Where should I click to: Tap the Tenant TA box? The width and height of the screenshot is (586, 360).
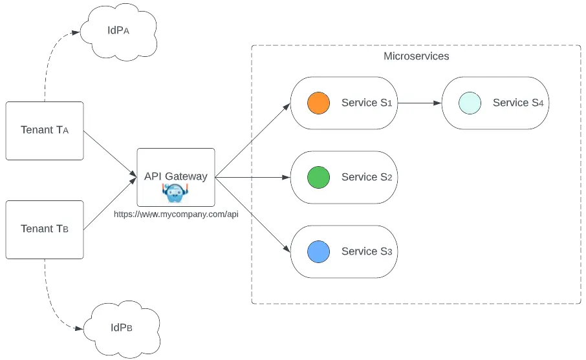(45, 131)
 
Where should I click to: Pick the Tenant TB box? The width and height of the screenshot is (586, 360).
(45, 229)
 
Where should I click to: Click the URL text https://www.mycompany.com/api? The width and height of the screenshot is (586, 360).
(176, 214)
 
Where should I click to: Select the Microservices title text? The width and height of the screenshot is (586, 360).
(416, 56)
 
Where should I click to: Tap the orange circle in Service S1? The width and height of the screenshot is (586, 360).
(318, 103)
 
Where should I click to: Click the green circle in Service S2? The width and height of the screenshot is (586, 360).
(318, 177)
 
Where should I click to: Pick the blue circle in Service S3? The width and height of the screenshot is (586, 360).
(318, 251)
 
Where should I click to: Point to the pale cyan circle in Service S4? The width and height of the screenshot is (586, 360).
(470, 103)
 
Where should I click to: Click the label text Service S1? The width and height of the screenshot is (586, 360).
(367, 103)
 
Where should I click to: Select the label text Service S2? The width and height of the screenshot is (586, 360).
(367, 177)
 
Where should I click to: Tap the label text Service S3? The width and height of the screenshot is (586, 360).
(367, 251)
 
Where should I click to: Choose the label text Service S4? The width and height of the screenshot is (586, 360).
(518, 103)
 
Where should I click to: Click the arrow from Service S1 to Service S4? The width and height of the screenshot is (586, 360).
(419, 103)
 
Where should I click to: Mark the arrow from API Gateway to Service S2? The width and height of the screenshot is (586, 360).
(252, 177)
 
